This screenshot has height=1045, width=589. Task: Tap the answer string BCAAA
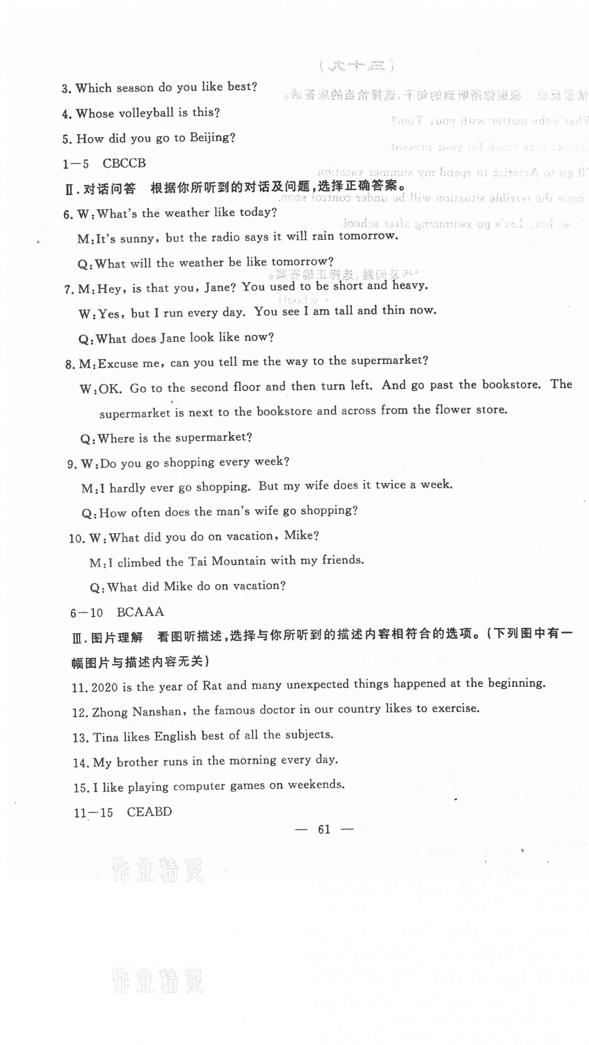click(140, 612)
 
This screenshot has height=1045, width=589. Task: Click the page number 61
click(324, 829)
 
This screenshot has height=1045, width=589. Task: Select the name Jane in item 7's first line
click(218, 288)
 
